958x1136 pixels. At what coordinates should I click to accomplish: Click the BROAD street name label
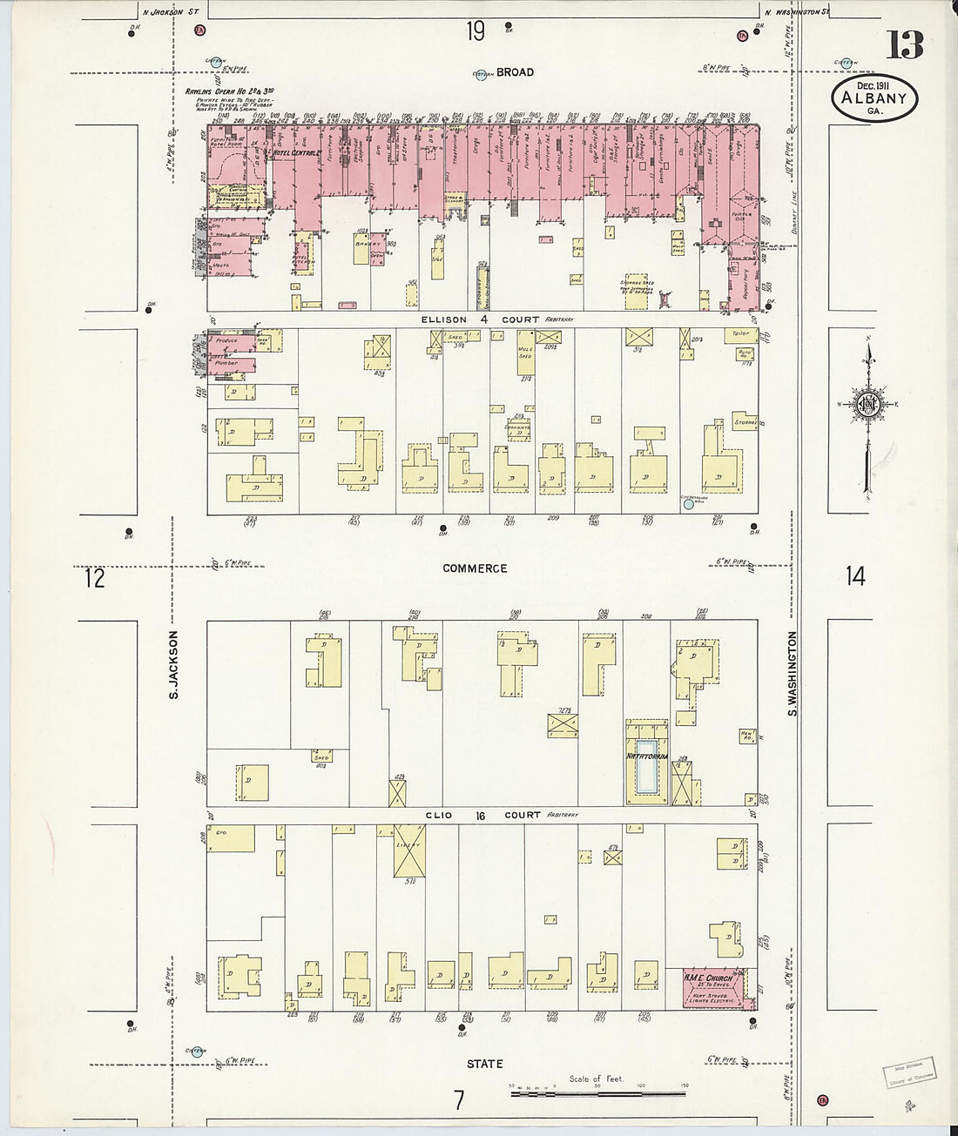pos(516,72)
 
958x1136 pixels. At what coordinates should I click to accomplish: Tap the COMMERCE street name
pos(475,568)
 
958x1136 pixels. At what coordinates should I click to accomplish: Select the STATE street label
pos(484,1064)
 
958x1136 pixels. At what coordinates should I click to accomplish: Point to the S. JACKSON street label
pos(173,665)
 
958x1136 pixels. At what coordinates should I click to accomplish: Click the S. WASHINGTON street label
pos(793,674)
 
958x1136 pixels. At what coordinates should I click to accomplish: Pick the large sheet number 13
pos(905,44)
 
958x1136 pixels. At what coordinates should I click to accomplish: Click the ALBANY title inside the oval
pos(875,98)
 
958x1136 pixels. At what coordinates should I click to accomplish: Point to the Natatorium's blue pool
pos(645,766)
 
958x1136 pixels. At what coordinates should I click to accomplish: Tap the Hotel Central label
pos(297,154)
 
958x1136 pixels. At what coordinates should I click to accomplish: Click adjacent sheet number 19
pos(475,32)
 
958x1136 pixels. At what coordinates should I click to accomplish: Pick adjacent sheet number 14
pos(855,575)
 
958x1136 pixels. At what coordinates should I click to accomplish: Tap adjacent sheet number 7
pos(458,1100)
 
